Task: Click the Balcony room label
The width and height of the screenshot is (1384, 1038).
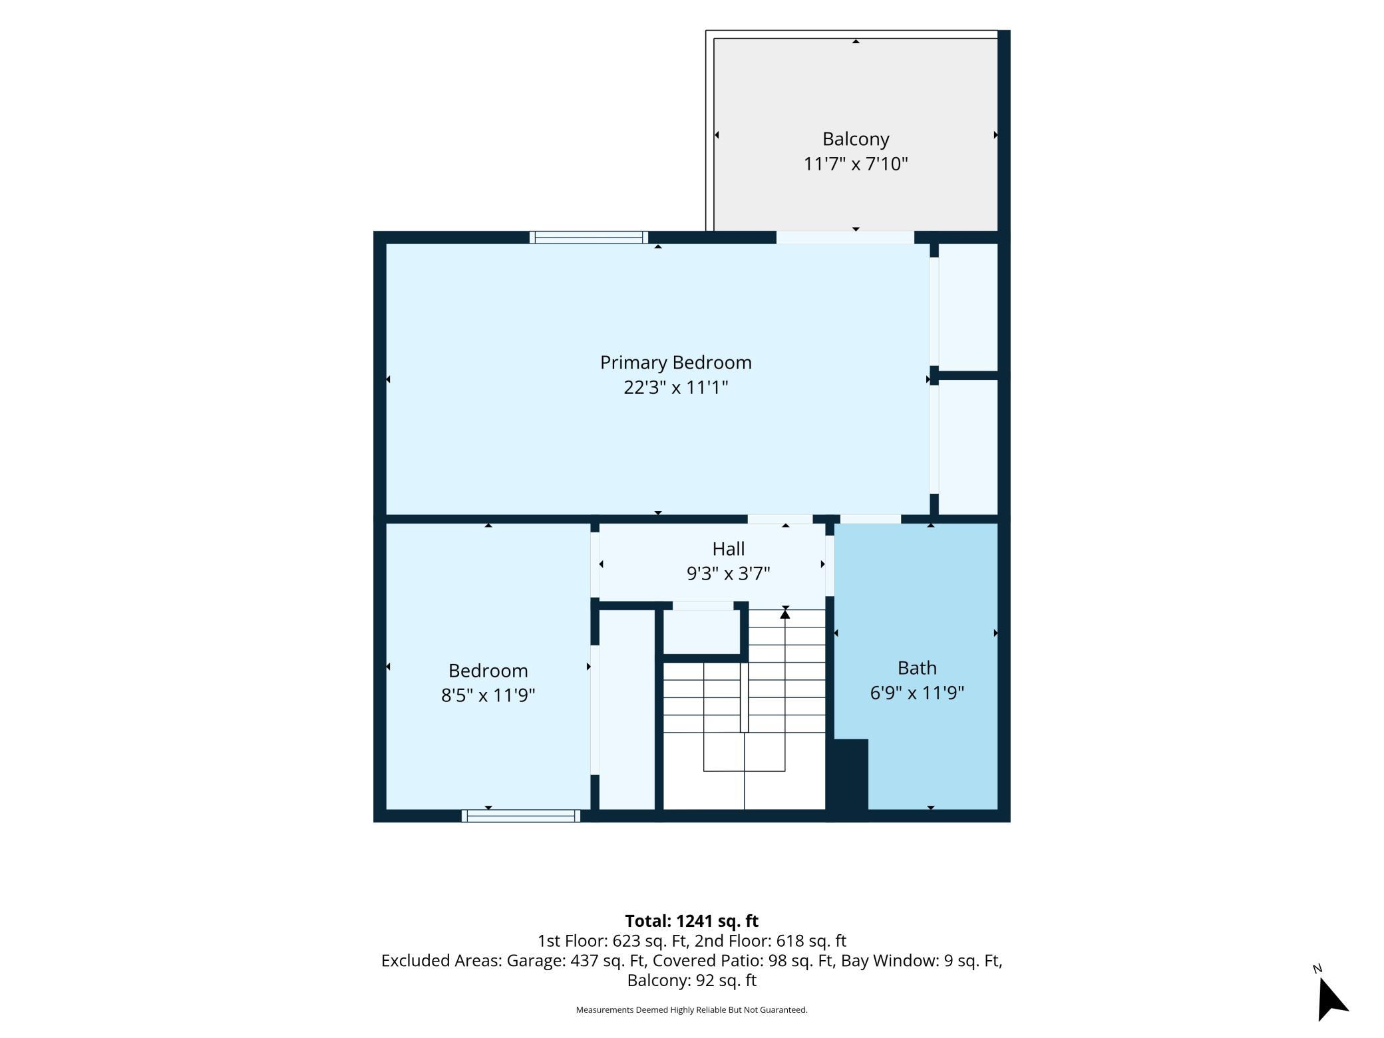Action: (856, 139)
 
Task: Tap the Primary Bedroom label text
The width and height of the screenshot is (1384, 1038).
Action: (675, 363)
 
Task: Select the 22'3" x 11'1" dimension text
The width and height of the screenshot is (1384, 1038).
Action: (675, 387)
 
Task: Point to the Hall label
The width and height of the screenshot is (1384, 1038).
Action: (729, 549)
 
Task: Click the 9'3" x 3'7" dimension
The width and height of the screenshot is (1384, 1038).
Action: (729, 574)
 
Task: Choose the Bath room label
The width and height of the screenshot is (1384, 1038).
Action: (917, 668)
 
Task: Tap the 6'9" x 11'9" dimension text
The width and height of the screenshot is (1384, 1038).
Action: (917, 693)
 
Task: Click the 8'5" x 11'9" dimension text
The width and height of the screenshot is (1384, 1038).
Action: (488, 695)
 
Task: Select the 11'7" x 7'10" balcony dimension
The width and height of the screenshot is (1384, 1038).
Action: (856, 164)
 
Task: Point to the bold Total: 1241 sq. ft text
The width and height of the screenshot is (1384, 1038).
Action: (692, 921)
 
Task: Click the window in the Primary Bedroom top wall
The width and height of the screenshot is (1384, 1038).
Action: (589, 237)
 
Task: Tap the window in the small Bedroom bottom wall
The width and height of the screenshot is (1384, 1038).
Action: (521, 816)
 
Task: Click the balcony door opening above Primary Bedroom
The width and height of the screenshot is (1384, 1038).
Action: (845, 237)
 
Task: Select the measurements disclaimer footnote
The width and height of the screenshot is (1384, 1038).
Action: (692, 1009)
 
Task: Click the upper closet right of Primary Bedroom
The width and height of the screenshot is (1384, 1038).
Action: (968, 307)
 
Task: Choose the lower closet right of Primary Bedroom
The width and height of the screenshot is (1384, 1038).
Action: (968, 446)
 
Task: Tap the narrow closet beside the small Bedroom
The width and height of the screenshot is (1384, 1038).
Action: (627, 709)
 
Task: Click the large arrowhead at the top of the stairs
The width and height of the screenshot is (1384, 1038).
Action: (785, 614)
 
